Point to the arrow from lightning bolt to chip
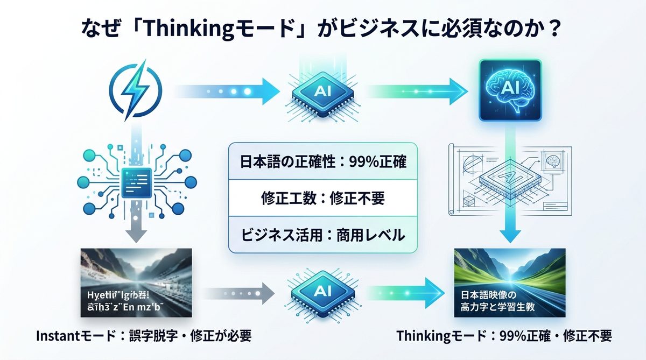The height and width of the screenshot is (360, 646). point(226,90)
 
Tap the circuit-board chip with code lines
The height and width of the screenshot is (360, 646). point(132,180)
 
